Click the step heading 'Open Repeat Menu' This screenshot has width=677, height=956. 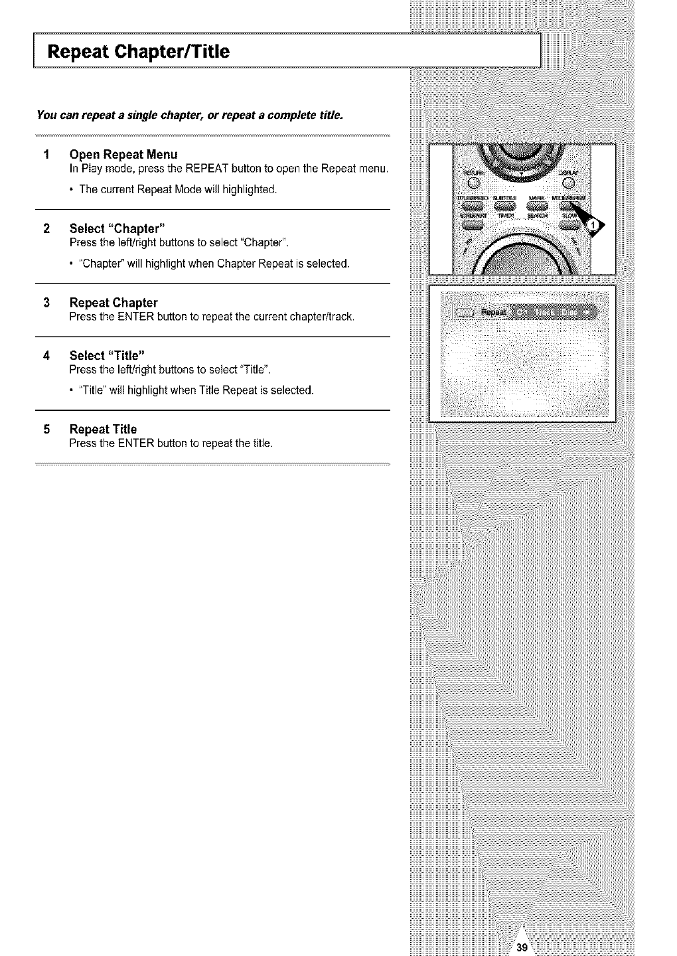click(123, 155)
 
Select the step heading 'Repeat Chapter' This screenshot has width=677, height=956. click(113, 303)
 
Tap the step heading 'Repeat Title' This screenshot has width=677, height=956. click(103, 429)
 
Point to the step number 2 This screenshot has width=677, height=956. click(46, 230)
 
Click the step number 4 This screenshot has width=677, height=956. click(46, 355)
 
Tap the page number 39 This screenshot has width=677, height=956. click(522, 948)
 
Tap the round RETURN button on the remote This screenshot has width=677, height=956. click(473, 183)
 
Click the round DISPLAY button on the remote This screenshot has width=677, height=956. click(575, 183)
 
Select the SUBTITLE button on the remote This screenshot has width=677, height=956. click(507, 207)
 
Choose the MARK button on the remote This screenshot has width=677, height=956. click(539, 207)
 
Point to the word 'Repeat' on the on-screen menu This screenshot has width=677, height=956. click(492, 312)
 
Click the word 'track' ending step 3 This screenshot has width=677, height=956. click(340, 317)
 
